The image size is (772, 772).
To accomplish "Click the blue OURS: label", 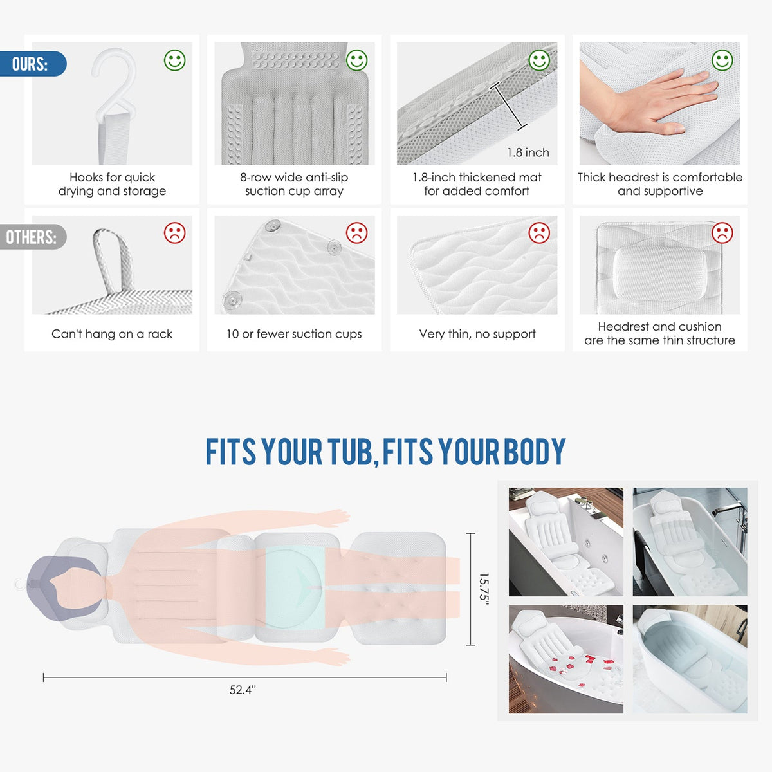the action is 32,64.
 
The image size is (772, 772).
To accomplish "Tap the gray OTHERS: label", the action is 32,237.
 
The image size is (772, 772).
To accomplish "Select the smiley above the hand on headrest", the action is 722,60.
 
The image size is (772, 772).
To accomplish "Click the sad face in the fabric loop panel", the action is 175,233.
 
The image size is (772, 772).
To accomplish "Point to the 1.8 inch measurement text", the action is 528,152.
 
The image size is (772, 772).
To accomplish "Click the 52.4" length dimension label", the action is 243,690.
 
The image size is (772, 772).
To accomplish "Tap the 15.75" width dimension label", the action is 484,589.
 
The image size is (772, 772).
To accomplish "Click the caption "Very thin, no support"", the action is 477,334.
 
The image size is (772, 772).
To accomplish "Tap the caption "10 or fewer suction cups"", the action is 294,334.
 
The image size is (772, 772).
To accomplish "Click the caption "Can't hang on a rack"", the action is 112,334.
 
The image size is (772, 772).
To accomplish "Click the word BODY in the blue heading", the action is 535,452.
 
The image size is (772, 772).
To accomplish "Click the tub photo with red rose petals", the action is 565,659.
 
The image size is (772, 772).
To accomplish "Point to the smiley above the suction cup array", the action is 356,60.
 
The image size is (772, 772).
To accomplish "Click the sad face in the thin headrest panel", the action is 722,233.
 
